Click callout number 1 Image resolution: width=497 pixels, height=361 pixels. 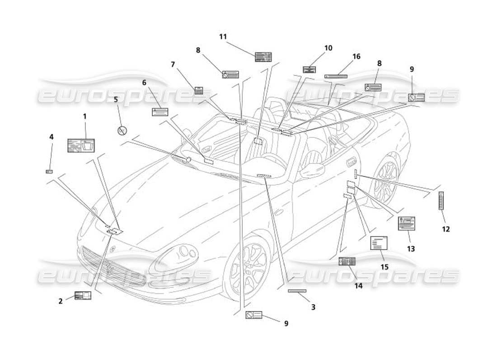[x=84, y=116]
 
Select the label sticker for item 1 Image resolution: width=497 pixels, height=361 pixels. [x=81, y=145]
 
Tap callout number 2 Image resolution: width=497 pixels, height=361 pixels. [x=61, y=301]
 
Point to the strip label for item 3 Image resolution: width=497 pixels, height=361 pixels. [x=297, y=291]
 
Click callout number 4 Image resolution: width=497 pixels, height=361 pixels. [x=51, y=136]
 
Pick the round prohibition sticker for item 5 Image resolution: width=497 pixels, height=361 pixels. [x=122, y=131]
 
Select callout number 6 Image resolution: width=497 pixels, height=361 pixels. [x=144, y=83]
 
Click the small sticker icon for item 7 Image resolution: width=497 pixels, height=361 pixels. [x=198, y=90]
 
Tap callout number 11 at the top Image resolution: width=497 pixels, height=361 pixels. [x=223, y=37]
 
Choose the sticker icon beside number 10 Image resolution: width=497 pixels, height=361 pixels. [x=309, y=69]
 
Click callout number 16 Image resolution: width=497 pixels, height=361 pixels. [x=356, y=56]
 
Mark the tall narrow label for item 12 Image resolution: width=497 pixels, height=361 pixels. [x=441, y=201]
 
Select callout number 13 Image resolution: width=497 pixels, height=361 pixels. [x=411, y=249]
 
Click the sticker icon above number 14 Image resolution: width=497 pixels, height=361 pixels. [x=347, y=261]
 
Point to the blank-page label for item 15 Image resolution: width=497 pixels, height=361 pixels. [x=379, y=243]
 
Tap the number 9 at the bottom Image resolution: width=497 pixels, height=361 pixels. [x=286, y=323]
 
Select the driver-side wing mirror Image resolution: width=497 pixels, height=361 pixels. [x=312, y=171]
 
